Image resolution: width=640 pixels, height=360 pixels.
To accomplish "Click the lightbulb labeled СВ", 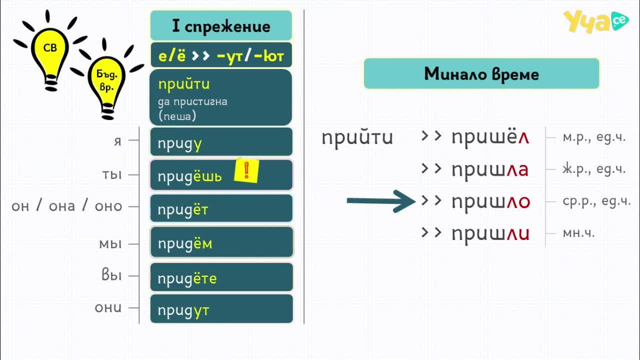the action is (50, 57).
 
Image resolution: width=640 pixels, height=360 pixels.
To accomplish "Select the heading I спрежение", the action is (221, 26).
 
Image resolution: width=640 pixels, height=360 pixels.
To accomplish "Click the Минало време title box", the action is (481, 73).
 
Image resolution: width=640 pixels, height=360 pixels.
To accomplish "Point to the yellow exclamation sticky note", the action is (246, 171).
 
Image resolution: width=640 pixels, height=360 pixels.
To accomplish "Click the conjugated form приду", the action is (179, 143).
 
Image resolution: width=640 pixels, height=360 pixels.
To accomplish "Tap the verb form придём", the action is (185, 243).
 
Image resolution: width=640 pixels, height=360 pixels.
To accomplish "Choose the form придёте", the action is (187, 278).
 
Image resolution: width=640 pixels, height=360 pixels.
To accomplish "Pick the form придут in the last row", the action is (183, 310).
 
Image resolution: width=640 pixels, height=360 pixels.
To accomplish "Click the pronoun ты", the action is (112, 174).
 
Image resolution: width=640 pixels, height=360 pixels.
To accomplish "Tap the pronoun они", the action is (108, 307).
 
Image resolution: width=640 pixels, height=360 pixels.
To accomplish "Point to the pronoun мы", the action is (110, 244).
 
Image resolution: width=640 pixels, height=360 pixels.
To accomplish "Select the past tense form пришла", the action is (490, 170).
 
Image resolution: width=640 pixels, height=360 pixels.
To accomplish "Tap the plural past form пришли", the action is (490, 234).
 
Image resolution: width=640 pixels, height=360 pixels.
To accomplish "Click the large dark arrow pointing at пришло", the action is (381, 201).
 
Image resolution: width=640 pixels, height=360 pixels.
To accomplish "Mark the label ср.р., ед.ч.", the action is (596, 201).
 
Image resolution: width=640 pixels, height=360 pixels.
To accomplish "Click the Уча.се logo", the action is (596, 21).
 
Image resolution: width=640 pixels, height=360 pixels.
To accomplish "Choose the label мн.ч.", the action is (578, 233).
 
